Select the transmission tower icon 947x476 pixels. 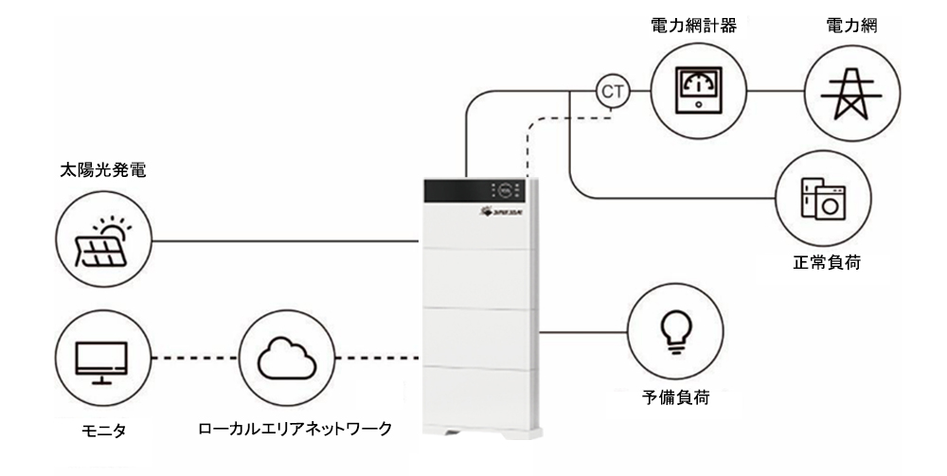click(x=840, y=91)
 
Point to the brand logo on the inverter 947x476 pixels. click(x=487, y=215)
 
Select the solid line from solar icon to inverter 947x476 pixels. click(x=284, y=241)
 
